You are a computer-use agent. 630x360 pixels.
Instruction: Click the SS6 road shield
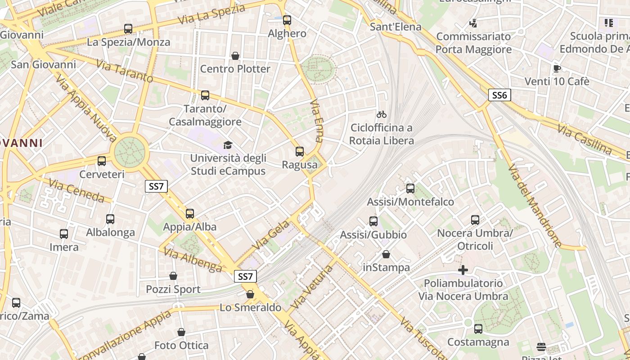pos(499,95)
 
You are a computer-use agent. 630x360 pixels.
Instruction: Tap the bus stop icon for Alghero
pos(287,20)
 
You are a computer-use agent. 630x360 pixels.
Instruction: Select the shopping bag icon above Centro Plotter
pos(235,56)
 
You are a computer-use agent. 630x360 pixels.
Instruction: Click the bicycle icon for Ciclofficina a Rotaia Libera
pos(382,114)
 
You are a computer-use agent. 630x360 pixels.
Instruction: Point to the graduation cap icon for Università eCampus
pos(228,145)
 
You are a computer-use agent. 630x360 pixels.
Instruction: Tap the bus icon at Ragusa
pos(300,152)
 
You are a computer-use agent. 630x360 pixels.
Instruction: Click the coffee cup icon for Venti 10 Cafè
pos(557,68)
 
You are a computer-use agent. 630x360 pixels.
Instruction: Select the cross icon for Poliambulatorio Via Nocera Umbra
pos(463,270)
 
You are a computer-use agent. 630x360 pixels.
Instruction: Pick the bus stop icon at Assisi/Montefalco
pos(410,189)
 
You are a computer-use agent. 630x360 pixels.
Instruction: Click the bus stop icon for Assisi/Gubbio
pos(373,221)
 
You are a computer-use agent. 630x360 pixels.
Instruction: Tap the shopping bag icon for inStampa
pos(386,254)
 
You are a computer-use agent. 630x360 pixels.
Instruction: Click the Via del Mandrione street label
pos(534,205)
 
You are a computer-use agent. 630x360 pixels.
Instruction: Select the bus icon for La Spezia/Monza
pos(128,29)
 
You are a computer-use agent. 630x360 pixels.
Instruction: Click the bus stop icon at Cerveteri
pos(102,161)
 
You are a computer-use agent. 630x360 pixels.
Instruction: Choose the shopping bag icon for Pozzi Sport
pos(173,276)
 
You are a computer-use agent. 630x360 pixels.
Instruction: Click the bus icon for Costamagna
pos(478,329)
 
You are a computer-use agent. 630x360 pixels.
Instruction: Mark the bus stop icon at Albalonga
pos(110,219)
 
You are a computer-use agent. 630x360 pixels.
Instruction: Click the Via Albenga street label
pos(193,260)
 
